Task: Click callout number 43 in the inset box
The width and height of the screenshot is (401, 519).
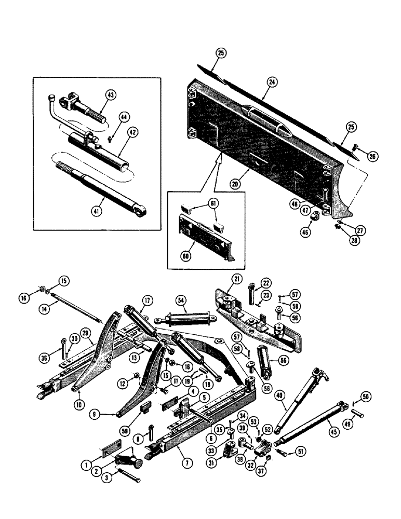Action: pyautogui.click(x=111, y=94)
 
